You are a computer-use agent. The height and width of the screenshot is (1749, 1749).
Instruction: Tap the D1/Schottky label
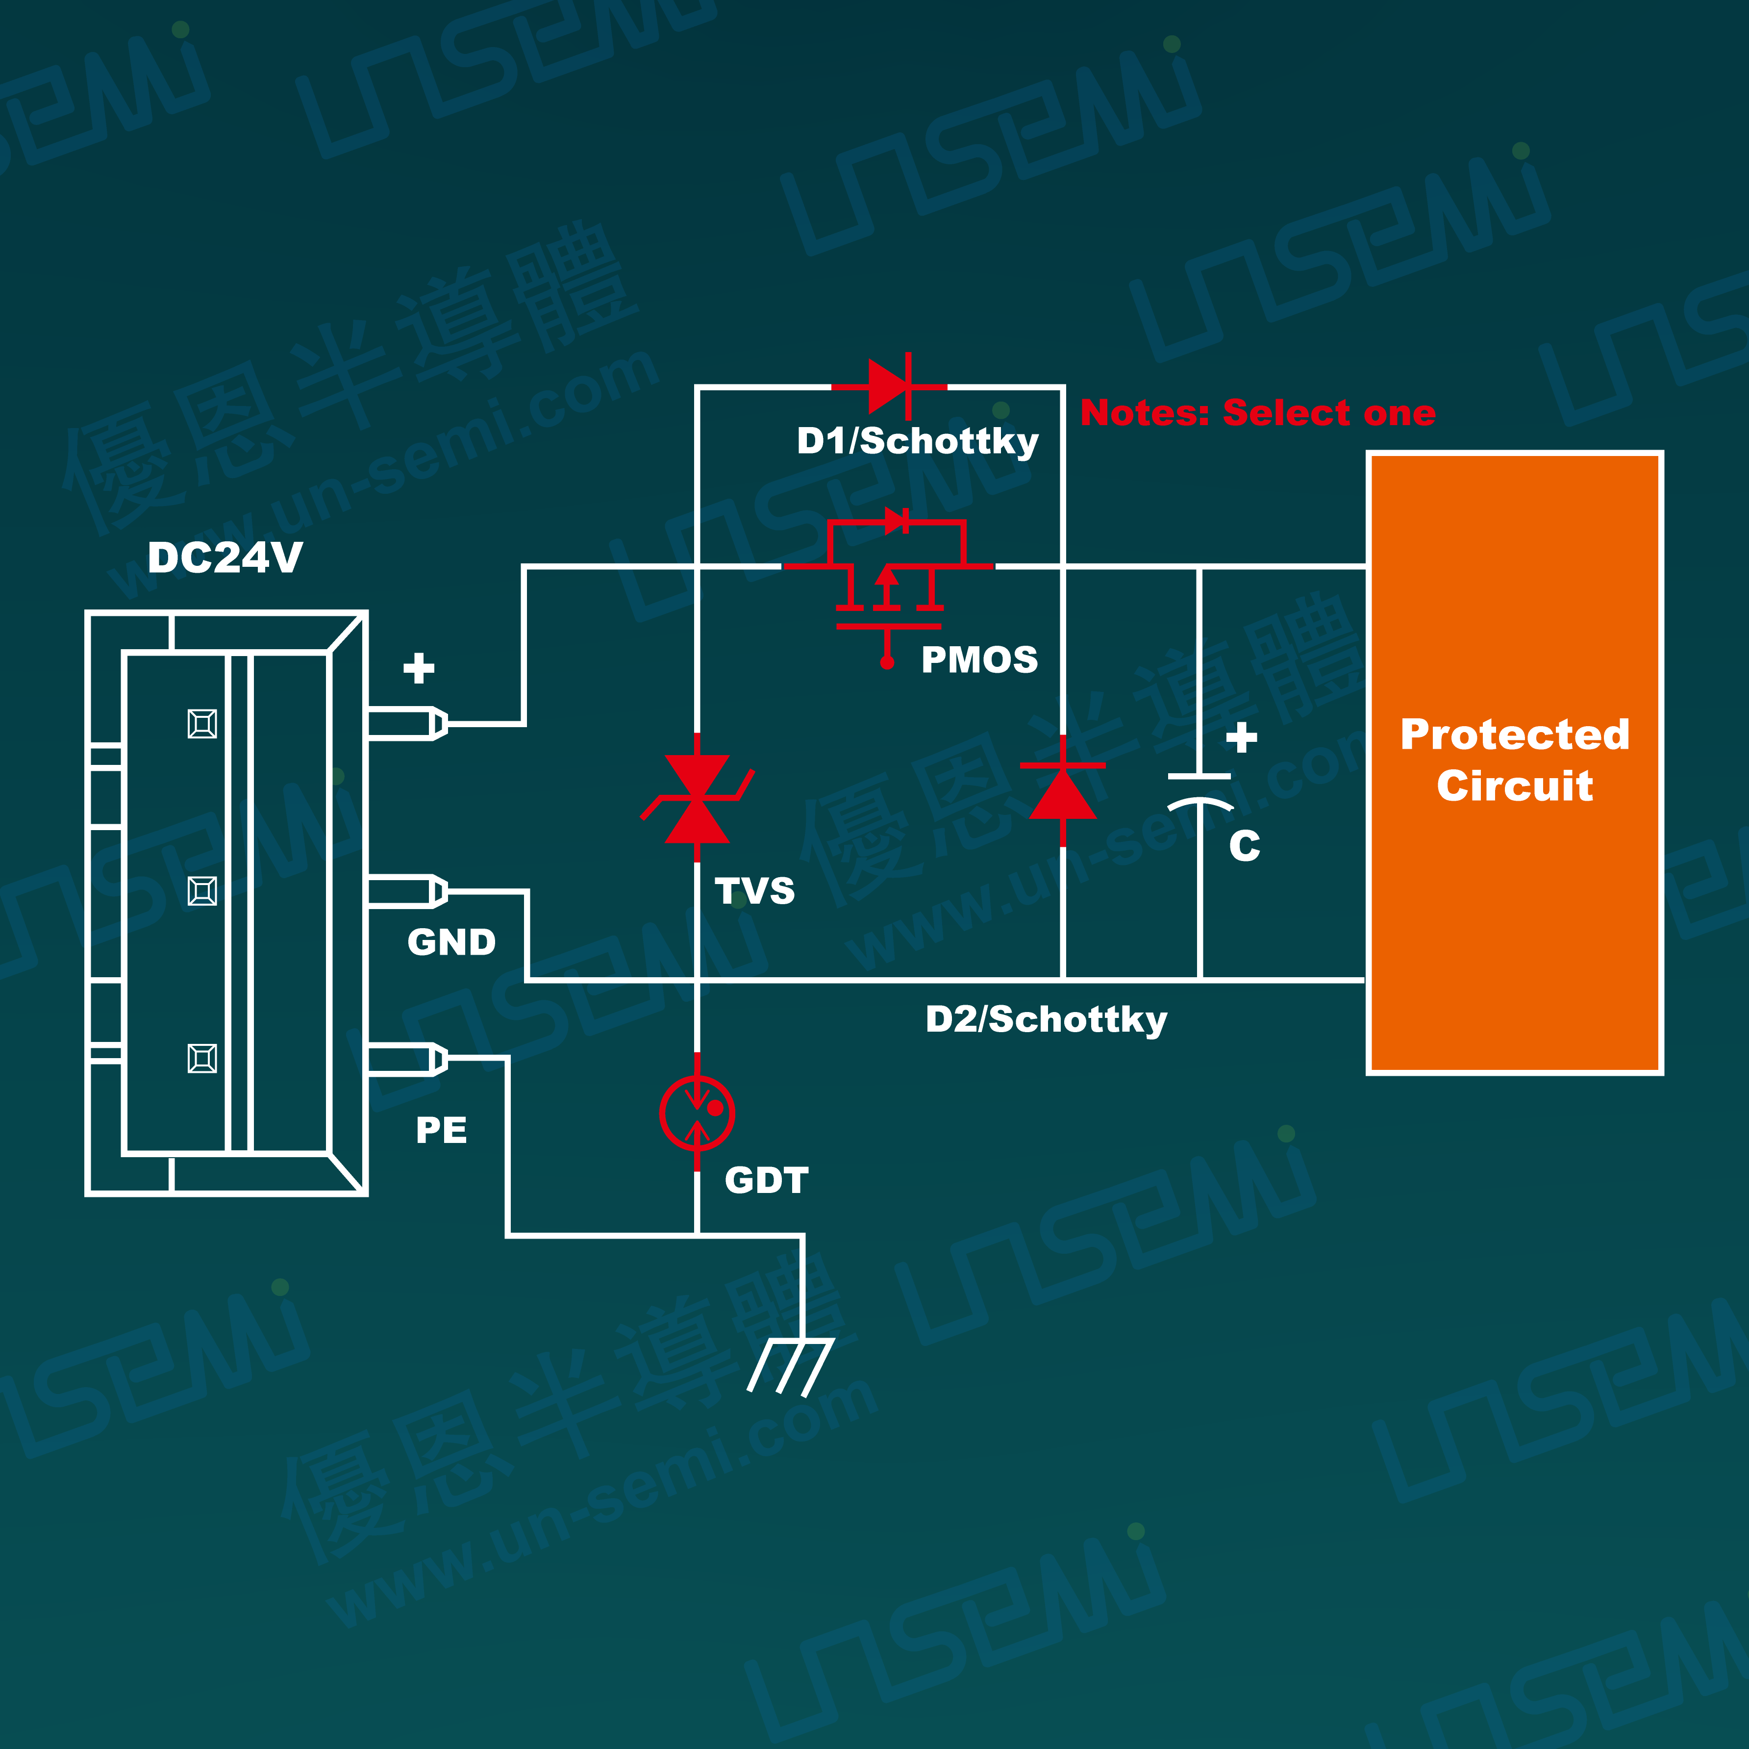click(917, 441)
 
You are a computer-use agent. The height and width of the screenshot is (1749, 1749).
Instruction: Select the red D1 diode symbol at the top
click(890, 387)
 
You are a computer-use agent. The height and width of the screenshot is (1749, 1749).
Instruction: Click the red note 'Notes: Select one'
click(1257, 413)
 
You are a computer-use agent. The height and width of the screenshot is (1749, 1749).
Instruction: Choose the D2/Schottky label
click(1046, 1019)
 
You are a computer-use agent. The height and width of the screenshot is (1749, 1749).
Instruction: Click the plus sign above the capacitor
click(1241, 737)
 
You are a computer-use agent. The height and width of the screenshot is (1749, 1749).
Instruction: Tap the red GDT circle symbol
click(697, 1113)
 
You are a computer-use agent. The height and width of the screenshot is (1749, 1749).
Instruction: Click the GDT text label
click(766, 1180)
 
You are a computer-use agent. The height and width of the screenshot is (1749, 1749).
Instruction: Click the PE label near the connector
click(441, 1129)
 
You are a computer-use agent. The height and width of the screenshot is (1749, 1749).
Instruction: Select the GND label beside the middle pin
click(451, 942)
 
